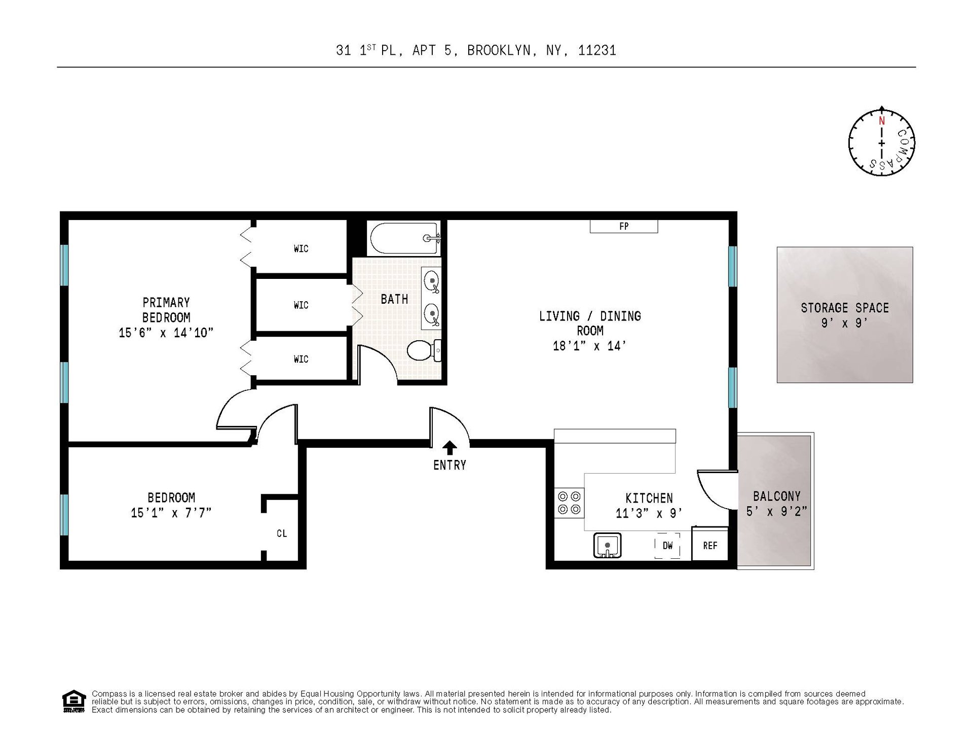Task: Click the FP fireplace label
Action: [x=624, y=227]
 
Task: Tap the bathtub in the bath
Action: [x=405, y=238]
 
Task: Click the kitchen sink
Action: [x=607, y=546]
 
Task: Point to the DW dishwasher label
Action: [x=668, y=546]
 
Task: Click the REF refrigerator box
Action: [x=710, y=545]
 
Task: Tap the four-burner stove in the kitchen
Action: [x=569, y=503]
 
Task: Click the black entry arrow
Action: [x=450, y=448]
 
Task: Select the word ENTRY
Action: [x=450, y=465]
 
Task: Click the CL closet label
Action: [x=282, y=533]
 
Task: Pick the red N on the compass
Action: [x=882, y=121]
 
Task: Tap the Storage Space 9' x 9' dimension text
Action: [x=845, y=323]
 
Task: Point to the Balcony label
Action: [x=776, y=496]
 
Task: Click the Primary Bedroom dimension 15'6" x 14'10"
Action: [x=166, y=333]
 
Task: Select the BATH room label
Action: [x=394, y=299]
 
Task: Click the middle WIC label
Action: [x=301, y=305]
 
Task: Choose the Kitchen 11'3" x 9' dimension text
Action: [x=649, y=514]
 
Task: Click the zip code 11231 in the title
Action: [x=597, y=50]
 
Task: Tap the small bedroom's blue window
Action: [x=64, y=515]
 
